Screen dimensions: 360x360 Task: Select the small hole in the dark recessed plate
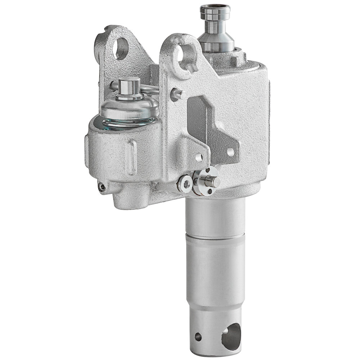(230, 152)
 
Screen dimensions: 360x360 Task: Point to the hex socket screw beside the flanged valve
(185, 184)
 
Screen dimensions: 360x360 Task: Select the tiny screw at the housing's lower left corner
(103, 186)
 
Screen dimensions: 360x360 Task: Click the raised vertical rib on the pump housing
(132, 157)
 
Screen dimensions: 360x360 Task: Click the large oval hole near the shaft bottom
(231, 337)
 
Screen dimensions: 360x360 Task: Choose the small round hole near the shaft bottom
(198, 337)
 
